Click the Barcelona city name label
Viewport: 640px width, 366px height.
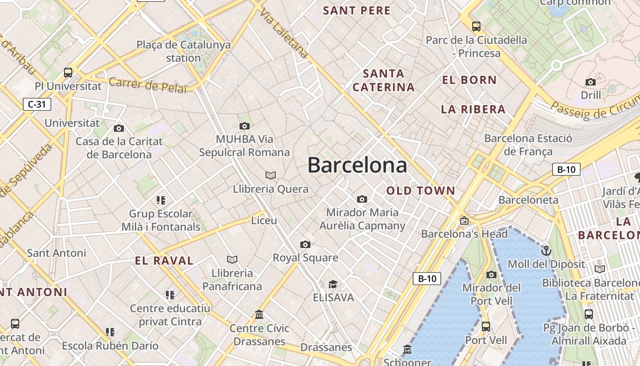(357, 165)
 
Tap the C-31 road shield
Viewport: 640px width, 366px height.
(37, 104)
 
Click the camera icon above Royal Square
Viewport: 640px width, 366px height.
(305, 244)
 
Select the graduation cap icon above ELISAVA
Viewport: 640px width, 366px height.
(333, 285)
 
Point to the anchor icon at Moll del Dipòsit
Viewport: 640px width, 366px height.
(546, 250)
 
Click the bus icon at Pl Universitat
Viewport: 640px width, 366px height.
(68, 72)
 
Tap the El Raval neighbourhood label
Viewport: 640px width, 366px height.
(164, 261)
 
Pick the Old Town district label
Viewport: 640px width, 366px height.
(421, 191)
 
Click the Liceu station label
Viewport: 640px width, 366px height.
(264, 221)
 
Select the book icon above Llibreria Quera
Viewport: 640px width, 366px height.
(271, 175)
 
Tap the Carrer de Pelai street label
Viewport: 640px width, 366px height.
(148, 85)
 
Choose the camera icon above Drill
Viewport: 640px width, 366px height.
(591, 82)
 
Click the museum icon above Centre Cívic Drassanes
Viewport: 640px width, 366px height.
(260, 314)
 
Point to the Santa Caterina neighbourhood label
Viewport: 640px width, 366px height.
(384, 80)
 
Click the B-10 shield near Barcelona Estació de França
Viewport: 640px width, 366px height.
(566, 169)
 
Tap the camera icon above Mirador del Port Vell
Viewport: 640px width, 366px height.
(491, 274)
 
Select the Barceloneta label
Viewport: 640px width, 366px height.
(528, 200)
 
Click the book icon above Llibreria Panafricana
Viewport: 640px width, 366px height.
(232, 259)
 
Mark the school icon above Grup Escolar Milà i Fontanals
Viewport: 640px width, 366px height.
(160, 200)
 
